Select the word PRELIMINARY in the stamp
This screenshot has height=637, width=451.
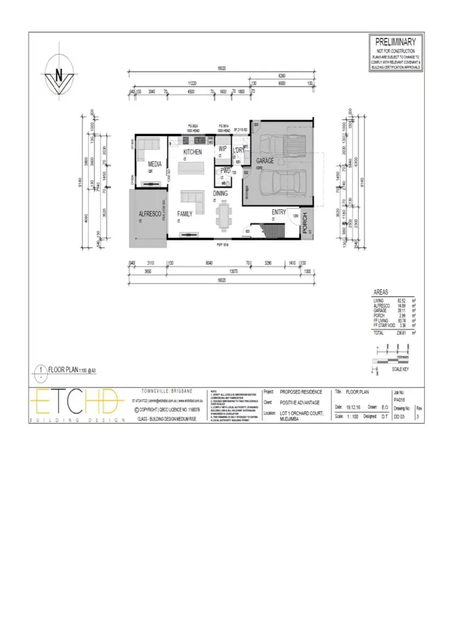(x=395, y=42)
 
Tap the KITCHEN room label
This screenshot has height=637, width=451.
(x=192, y=153)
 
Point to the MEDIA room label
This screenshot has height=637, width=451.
(x=155, y=163)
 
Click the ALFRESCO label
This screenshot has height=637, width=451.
(x=148, y=213)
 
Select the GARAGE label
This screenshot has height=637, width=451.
(x=265, y=161)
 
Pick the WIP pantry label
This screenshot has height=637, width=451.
(x=222, y=148)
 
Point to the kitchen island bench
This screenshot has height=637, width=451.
(x=194, y=169)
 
